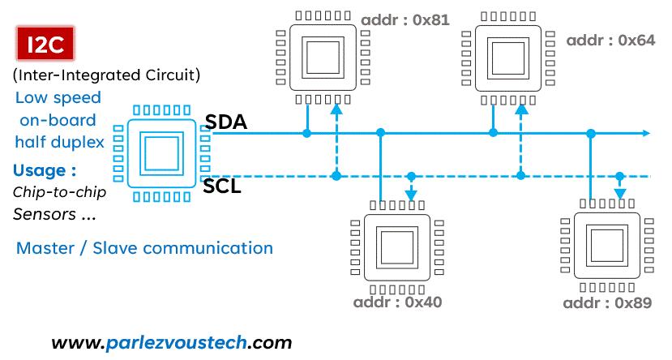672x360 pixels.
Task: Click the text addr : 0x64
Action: pos(610,41)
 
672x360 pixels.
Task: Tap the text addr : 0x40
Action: pos(397,303)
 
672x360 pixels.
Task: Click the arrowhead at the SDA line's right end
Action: pos(645,133)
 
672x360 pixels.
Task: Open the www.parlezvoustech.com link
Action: pos(171,342)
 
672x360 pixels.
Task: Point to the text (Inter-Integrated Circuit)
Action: pos(106,76)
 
